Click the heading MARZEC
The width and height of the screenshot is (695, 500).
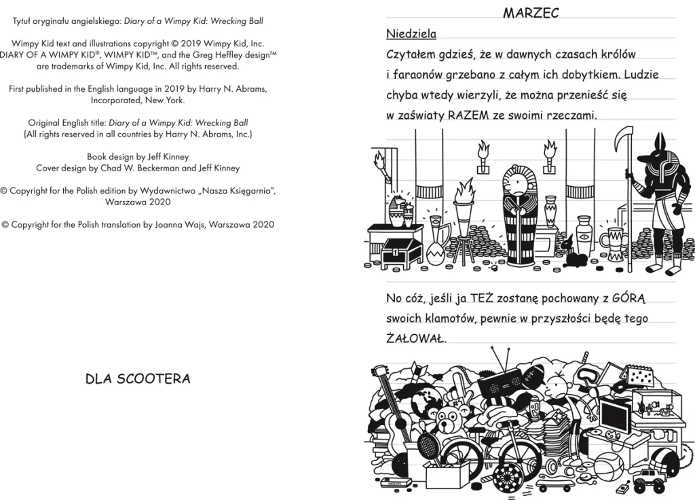pos(531,13)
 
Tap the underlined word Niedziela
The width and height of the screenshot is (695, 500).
pos(411,34)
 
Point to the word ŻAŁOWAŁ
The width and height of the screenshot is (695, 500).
pos(416,338)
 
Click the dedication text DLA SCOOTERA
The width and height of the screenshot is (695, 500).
pos(138,379)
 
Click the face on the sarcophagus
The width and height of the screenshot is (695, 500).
pos(516,185)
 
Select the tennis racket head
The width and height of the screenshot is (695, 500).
pos(429,445)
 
